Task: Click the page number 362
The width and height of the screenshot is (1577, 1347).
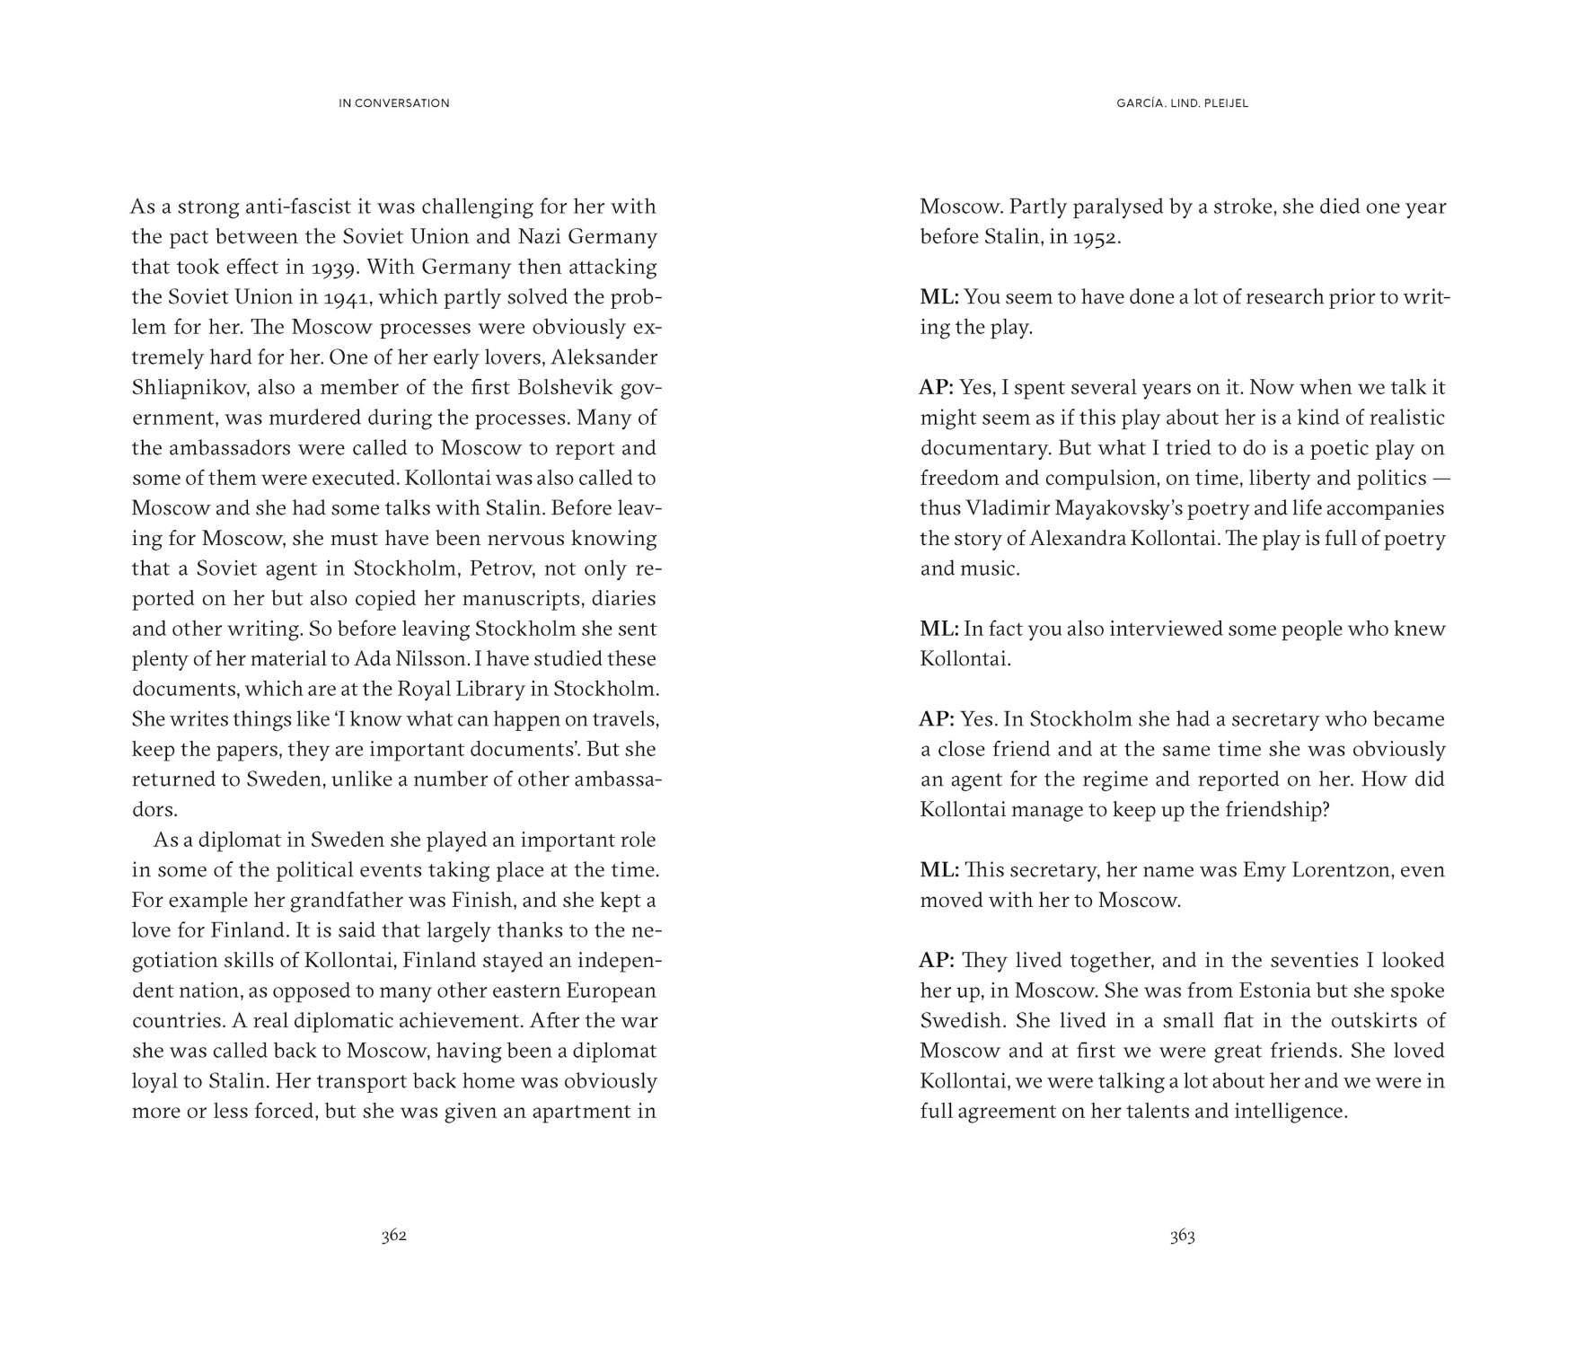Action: coord(393,1236)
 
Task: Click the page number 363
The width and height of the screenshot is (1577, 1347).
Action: coord(1182,1236)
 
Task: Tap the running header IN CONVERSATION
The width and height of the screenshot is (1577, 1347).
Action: coord(394,103)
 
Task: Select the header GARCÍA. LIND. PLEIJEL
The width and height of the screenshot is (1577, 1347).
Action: coord(1182,103)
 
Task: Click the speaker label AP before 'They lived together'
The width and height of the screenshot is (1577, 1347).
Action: coord(936,961)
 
